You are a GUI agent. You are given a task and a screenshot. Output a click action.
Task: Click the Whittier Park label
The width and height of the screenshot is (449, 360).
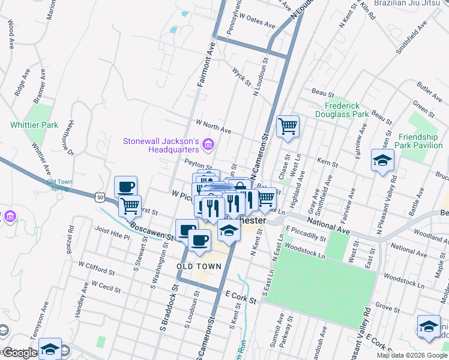34,125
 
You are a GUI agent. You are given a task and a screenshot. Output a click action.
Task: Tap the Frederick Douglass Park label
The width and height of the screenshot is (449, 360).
342,110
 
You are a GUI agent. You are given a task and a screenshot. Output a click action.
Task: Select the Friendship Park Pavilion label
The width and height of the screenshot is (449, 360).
420,140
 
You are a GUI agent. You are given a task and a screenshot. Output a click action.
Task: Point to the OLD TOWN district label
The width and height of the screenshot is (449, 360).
196,265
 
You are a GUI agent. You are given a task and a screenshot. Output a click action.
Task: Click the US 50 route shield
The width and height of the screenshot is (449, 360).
100,196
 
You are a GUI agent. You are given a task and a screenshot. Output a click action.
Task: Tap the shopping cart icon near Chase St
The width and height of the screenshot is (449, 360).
288,126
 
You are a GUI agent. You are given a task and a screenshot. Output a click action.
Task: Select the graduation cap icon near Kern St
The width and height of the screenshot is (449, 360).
382,160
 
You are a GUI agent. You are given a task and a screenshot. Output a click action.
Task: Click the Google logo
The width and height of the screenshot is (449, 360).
20,353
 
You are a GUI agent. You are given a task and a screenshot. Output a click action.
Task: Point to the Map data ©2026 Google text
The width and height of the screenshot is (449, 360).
412,355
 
